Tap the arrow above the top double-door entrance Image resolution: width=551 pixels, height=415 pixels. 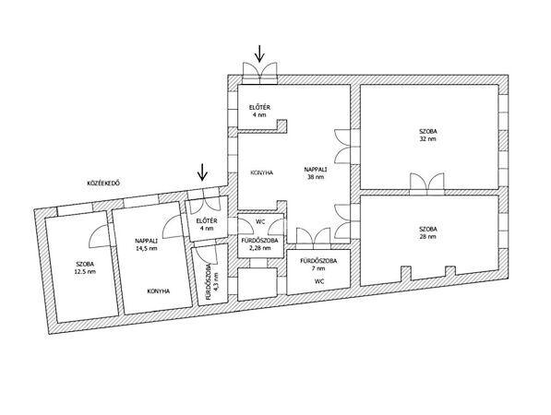tap(259, 53)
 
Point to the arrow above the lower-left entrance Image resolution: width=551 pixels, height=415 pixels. tap(202, 172)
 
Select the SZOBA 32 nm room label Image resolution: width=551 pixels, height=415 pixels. tap(428, 136)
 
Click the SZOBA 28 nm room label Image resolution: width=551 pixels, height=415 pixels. tap(428, 232)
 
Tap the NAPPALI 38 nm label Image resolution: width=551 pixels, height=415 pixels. tap(316, 173)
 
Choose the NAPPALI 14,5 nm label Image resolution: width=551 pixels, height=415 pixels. tap(146, 244)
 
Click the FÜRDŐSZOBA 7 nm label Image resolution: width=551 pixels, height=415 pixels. tap(318, 265)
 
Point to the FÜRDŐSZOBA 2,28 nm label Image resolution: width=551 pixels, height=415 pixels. tap(259, 244)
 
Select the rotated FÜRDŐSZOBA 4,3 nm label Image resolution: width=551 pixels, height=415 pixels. tap(212, 281)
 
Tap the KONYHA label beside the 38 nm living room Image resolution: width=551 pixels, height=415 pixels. tap(262, 172)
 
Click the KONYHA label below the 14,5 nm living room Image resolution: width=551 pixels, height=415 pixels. tap(159, 291)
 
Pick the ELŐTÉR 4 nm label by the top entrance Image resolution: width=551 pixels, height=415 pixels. tap(259, 111)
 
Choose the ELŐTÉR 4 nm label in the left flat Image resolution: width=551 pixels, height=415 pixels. tap(207, 225)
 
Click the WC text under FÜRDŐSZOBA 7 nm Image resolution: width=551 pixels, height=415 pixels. tap(319, 281)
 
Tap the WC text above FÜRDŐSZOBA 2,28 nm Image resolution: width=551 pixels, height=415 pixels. tap(260, 222)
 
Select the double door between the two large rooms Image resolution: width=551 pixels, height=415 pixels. tap(426, 184)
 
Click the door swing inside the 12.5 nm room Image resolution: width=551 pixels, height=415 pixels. tap(98, 236)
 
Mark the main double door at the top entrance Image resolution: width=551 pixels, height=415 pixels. tap(259, 74)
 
